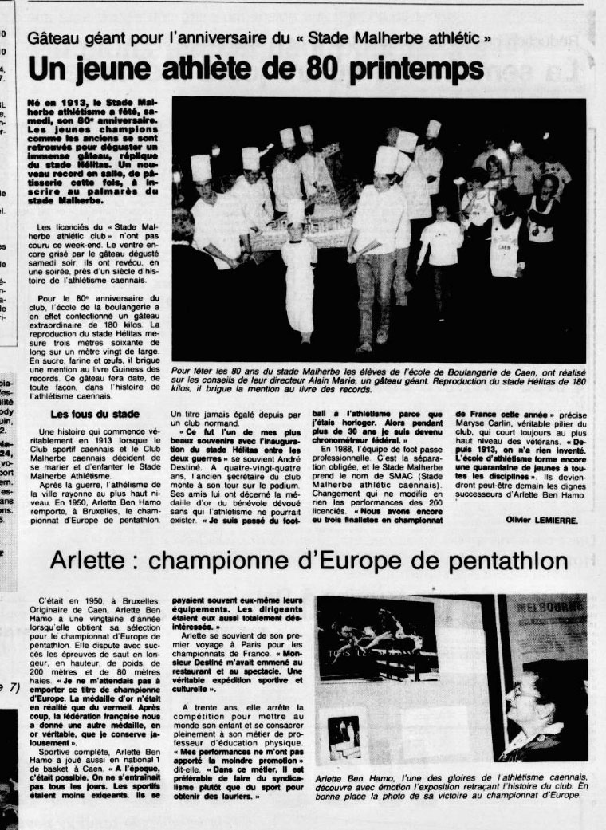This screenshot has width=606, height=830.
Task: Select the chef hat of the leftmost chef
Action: pyautogui.click(x=201, y=167)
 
